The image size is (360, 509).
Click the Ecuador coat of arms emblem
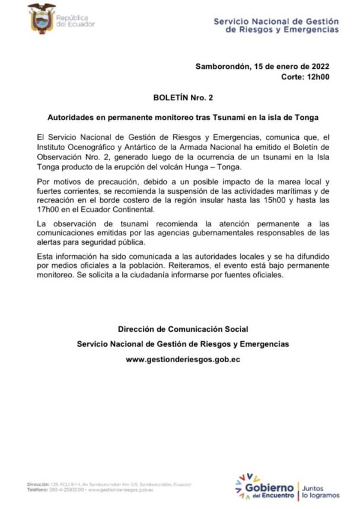point(41,18)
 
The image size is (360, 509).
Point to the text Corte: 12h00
point(305,77)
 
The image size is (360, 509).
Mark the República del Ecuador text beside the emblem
point(75,21)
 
